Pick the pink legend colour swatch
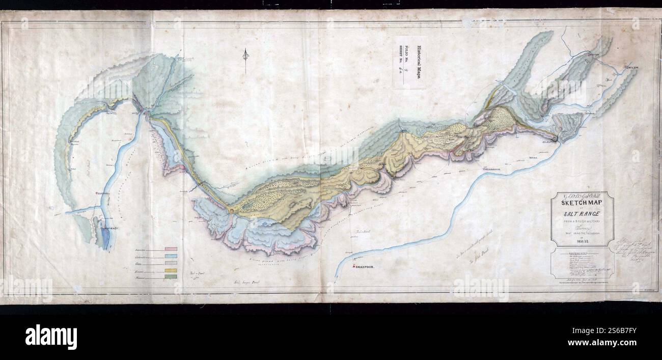tap(171, 249)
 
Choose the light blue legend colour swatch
tap(171, 256)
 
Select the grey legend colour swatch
tap(171, 263)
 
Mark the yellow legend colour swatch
tap(171, 269)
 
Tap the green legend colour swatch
tap(171, 276)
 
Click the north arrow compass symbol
tap(245, 59)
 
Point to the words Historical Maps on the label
tap(419, 62)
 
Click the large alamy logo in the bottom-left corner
tap(51, 337)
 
